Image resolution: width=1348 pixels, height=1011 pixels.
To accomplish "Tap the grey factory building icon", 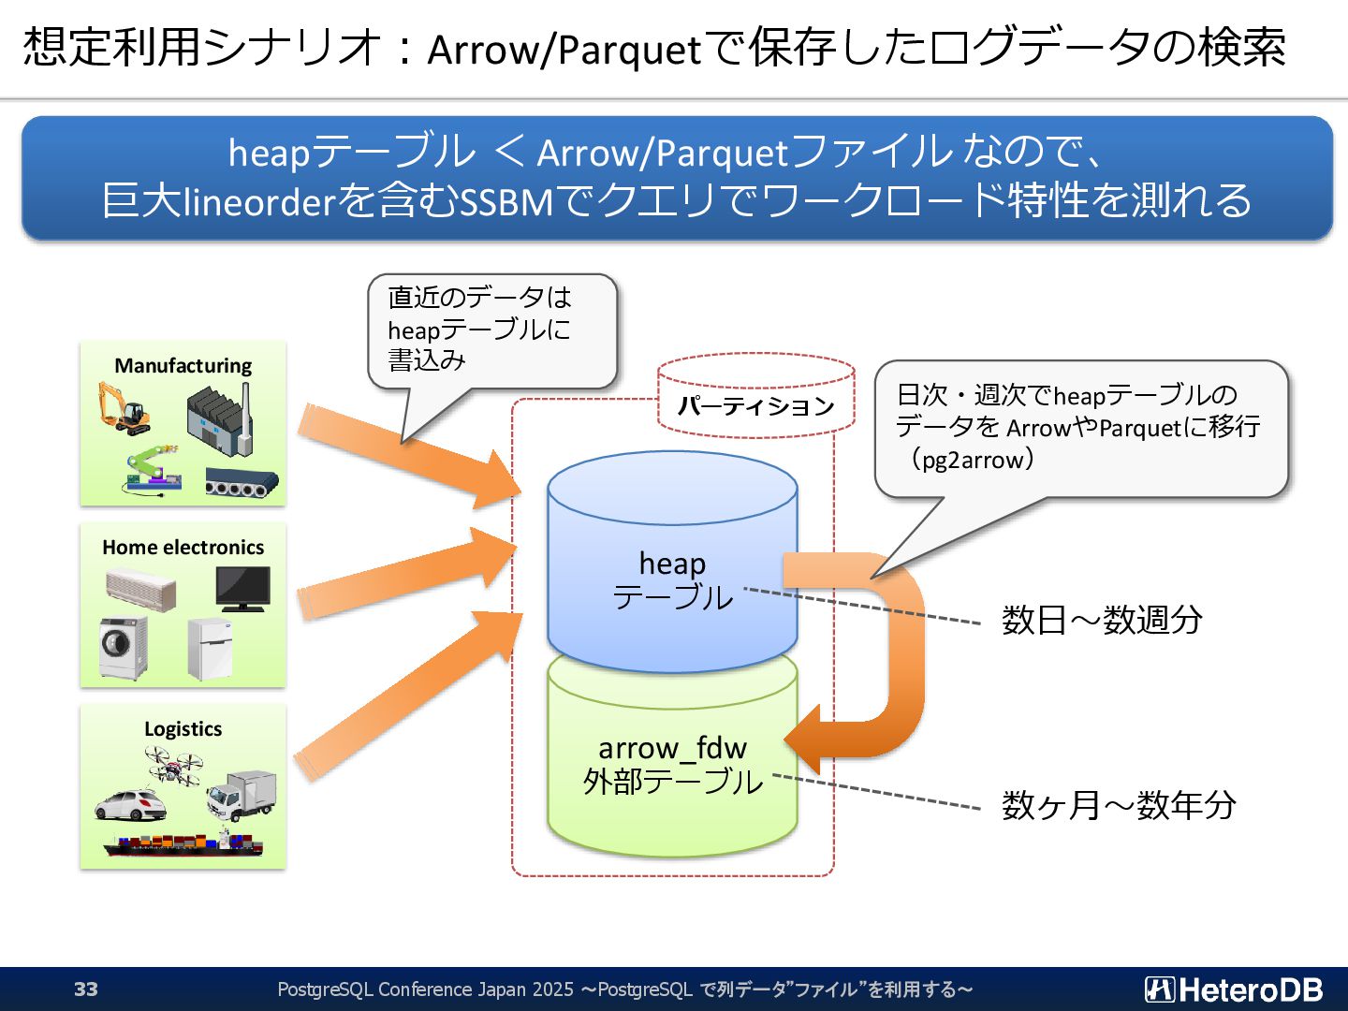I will (219, 417).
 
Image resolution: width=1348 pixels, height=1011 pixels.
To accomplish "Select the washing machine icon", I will (123, 647).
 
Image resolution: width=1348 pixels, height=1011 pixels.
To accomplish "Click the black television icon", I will (242, 588).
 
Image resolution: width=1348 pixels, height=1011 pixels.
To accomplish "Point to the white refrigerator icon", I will (210, 648).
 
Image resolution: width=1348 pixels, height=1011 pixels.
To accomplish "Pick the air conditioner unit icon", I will (140, 589).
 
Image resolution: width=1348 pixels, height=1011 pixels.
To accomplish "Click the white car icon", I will (130, 804).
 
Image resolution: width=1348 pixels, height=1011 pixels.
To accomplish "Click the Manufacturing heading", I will (183, 365).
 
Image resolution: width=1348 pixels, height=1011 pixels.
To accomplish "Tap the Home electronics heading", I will (183, 547).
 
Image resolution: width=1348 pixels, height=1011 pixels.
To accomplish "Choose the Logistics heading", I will (183, 728).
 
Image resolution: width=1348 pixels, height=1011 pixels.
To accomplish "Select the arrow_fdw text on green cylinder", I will (672, 748).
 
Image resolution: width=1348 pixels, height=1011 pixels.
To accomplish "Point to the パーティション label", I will (755, 406).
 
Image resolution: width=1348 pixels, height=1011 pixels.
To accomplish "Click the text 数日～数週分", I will (1102, 620).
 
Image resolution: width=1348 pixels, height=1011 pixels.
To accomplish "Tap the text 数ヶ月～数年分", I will (1119, 805).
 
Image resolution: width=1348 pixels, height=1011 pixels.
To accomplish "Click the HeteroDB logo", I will (1234, 989).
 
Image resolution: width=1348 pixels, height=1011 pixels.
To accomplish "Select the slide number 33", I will (86, 989).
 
